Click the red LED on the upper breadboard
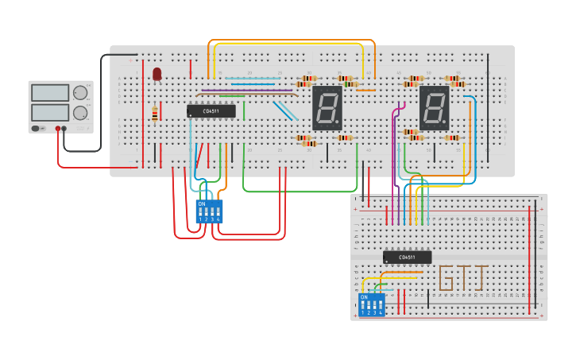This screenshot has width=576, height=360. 157,73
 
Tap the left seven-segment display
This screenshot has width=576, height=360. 327,108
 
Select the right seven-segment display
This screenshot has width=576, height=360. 434,108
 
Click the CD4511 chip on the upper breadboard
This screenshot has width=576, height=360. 211,111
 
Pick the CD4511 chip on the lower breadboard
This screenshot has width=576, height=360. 407,257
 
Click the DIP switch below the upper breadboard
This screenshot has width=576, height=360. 209,212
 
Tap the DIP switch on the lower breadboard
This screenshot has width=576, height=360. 371,305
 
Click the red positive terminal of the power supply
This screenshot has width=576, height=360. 58,128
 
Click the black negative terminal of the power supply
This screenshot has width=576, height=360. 64,128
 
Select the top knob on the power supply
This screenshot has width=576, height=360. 80,93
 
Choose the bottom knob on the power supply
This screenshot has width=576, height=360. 80,112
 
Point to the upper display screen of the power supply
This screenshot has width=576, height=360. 50,93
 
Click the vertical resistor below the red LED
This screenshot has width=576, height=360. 154,114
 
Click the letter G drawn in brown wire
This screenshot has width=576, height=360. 446,277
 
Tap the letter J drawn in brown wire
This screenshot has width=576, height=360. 481,277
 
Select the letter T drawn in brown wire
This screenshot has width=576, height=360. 464,277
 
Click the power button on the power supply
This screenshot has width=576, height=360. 36,128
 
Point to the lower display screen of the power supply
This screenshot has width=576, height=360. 50,112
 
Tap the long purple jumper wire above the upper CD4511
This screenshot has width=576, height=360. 246,91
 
